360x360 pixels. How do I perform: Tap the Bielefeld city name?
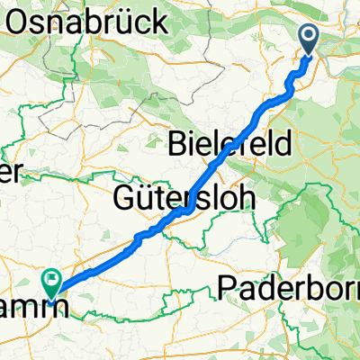pyautogui.click(x=229, y=141)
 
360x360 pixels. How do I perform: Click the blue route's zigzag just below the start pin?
pyautogui.click(x=290, y=86)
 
